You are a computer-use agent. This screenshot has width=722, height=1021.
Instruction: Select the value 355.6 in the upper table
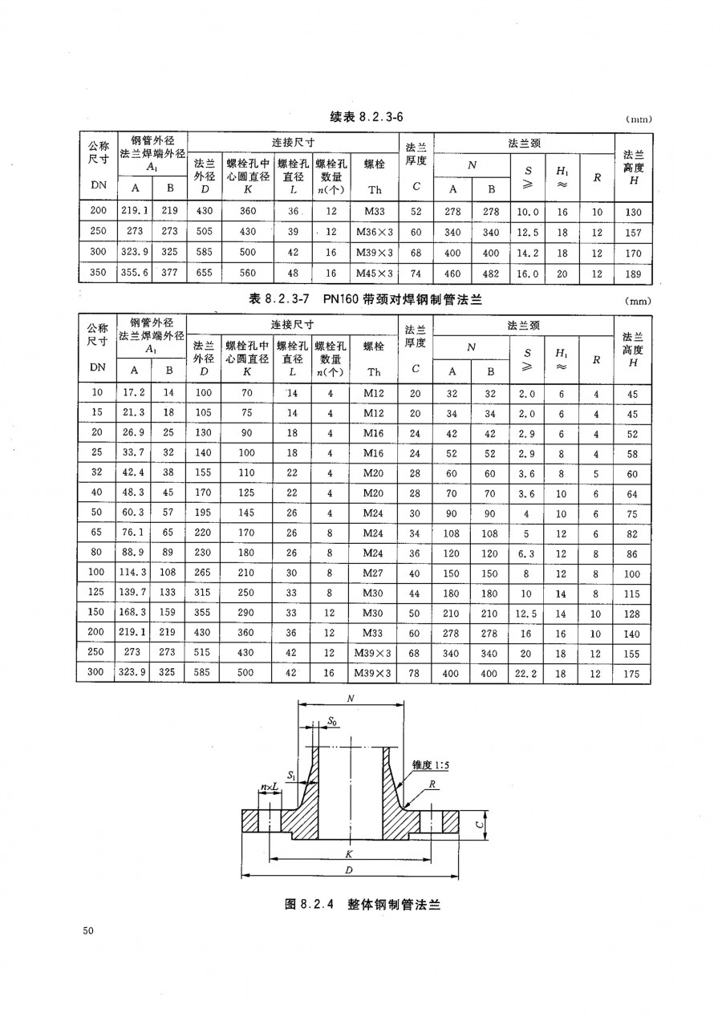coord(133,273)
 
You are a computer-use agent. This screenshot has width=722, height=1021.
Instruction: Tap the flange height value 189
coord(633,273)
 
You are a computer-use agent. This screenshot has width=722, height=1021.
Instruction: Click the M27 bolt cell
coord(374,574)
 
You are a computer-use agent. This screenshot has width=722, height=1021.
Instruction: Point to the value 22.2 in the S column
coord(526,675)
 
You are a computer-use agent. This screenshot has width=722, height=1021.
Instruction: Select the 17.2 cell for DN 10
coord(133,394)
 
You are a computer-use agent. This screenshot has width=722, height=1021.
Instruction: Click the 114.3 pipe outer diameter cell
coord(133,574)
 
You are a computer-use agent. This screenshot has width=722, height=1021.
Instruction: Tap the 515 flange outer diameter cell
coord(204,654)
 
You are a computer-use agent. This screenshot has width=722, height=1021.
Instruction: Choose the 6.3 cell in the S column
coord(526,554)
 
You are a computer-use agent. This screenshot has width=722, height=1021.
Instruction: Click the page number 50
coord(88,931)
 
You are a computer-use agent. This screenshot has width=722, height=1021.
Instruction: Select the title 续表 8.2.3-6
coord(366,117)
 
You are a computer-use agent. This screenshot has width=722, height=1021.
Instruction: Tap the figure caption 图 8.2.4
coord(364,904)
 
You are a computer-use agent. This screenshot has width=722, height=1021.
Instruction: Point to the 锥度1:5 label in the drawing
coord(431,766)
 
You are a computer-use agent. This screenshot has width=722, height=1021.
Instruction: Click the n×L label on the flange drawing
coord(270,788)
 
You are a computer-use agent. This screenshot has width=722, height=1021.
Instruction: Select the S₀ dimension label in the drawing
coord(331,721)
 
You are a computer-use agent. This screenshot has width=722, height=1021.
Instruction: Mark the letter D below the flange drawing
coord(349,870)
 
